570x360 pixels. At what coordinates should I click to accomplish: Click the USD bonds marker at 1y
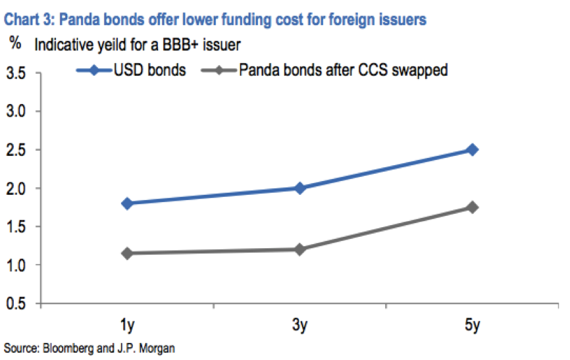(127, 203)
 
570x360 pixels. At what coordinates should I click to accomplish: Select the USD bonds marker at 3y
(300, 188)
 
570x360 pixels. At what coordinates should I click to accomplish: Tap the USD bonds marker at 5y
(472, 150)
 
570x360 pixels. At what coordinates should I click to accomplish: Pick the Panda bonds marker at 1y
(127, 253)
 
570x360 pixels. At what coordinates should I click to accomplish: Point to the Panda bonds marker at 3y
(300, 249)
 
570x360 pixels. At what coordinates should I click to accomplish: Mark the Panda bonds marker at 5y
(472, 207)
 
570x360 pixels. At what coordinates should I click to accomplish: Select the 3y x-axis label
(300, 324)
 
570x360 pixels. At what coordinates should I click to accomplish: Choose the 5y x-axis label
(472, 324)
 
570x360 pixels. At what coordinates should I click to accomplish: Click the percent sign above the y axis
(14, 45)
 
